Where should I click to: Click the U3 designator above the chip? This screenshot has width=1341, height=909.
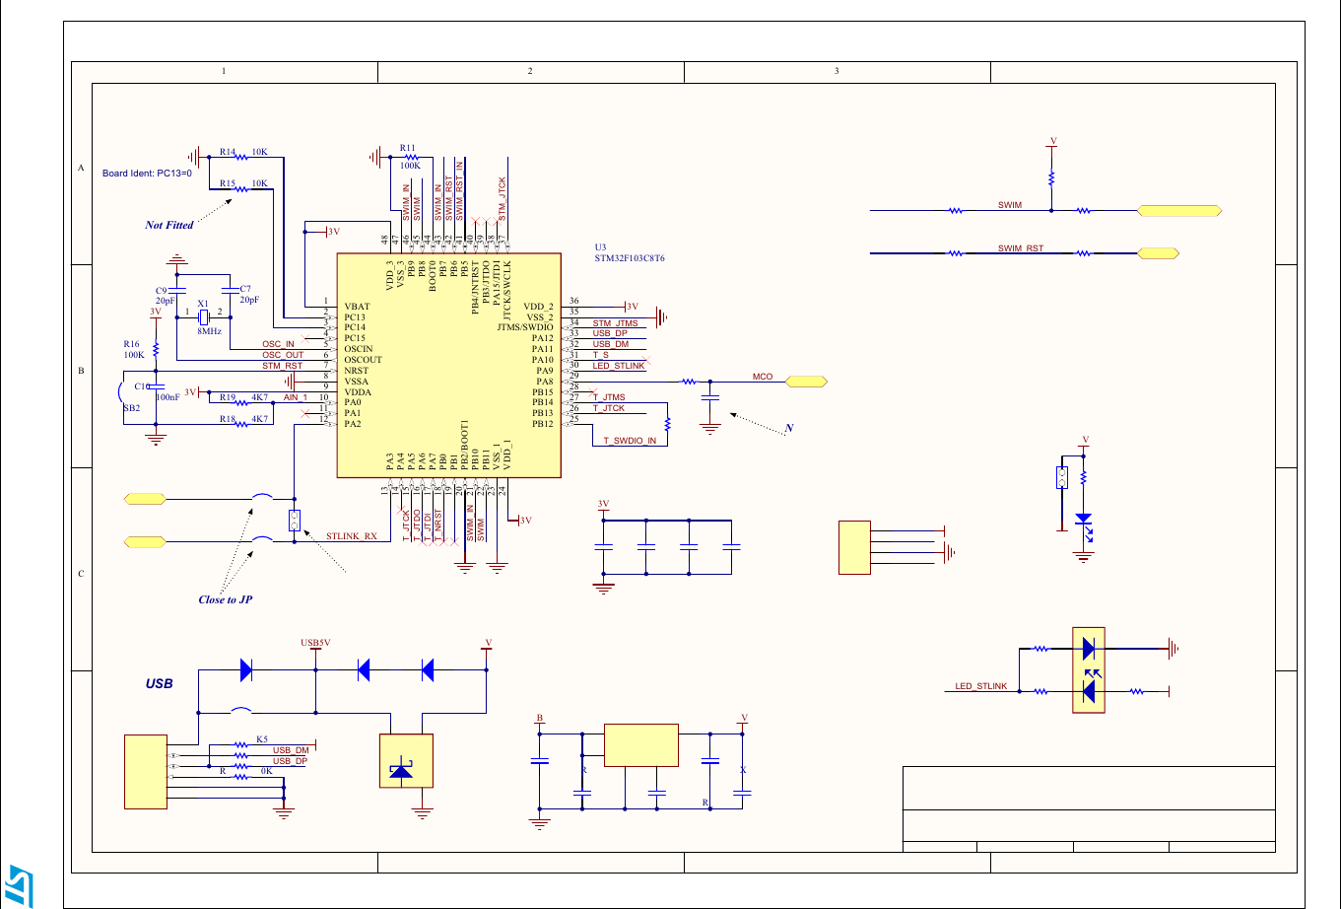600,247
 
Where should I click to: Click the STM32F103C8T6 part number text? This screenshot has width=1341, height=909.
630,258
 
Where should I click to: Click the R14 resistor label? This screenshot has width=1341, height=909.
228,153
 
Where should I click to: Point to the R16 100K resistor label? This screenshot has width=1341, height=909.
133,349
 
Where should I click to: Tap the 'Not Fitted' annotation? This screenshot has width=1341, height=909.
169,225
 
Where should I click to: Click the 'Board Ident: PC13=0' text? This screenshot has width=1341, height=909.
147,173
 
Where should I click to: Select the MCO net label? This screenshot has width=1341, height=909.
762,377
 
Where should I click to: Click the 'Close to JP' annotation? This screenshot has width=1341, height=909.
226,599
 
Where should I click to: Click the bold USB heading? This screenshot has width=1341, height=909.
160,682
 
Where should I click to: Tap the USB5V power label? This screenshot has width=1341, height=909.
315,643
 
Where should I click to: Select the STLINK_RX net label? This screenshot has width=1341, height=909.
351,537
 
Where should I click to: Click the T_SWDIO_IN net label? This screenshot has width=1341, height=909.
630,441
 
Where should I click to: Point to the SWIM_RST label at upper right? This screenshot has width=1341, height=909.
1020,248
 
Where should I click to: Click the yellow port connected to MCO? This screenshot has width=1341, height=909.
805,381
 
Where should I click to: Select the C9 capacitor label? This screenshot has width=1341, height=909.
162,290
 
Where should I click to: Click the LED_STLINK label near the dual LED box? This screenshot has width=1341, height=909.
981,686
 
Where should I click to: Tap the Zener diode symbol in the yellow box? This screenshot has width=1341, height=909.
401,770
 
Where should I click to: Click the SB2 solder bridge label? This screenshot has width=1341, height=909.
131,407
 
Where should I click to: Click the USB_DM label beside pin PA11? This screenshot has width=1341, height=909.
610,344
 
